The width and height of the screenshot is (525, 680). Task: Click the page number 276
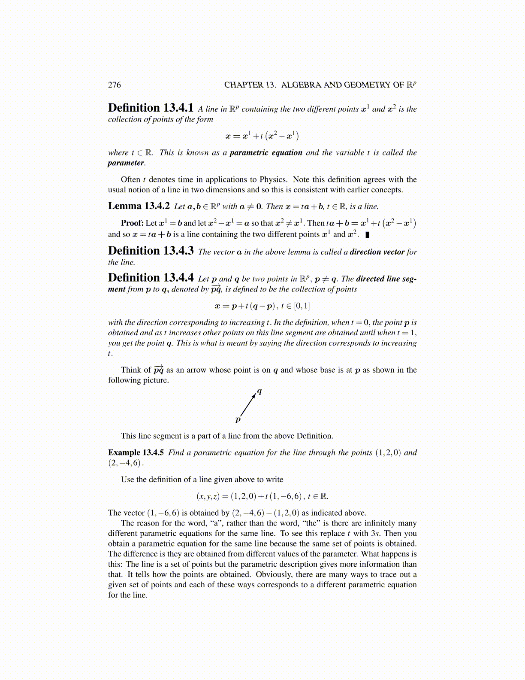tap(114, 85)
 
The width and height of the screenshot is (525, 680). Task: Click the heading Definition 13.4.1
tap(151, 108)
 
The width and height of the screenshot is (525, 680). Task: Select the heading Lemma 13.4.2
tap(139, 206)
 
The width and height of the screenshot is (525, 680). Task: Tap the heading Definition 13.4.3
tap(151, 251)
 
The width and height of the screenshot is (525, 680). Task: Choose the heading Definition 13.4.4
tap(151, 278)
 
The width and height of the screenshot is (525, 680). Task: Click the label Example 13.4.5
tap(136, 452)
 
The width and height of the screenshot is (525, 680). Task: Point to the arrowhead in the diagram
tap(254, 396)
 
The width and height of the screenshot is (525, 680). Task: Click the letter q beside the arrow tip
tap(259, 391)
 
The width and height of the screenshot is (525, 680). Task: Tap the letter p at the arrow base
tap(238, 419)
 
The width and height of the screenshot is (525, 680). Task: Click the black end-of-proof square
tap(368, 235)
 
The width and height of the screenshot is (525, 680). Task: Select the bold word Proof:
tap(132, 223)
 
